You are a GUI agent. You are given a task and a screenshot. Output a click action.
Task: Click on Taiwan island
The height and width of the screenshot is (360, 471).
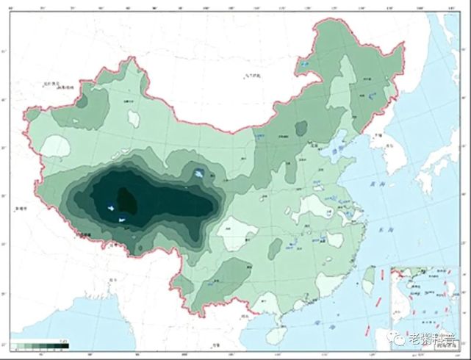pyautogui.click(x=369, y=277)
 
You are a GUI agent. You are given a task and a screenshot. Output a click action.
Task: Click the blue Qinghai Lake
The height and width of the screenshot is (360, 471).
pyautogui.click(x=200, y=175)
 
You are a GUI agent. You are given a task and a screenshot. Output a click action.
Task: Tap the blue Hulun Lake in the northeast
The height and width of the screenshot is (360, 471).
pyautogui.click(x=304, y=65)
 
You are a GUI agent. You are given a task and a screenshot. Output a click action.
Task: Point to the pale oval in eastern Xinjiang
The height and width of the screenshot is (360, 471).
pyautogui.click(x=133, y=117)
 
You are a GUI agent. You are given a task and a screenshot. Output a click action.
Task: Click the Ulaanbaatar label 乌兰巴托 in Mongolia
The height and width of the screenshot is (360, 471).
pyautogui.click(x=254, y=76)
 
